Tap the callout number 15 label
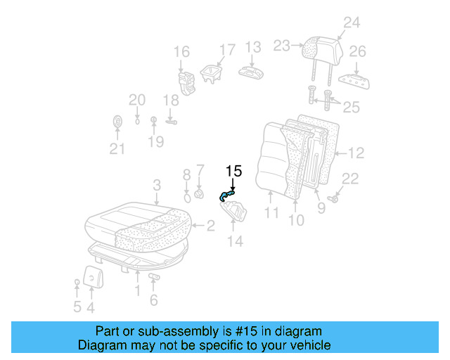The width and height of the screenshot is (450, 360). (x=233, y=171)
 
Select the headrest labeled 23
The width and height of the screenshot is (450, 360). (x=320, y=48)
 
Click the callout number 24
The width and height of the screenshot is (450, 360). (x=351, y=23)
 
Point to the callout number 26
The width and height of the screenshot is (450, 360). (x=358, y=51)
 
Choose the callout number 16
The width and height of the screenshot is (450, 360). (x=181, y=51)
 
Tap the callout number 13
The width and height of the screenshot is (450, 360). (x=252, y=48)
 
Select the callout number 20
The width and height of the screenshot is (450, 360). (x=136, y=100)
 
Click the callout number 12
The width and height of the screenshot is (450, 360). (x=356, y=153)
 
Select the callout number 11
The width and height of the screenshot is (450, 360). (x=272, y=212)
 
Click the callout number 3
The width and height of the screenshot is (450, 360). (x=157, y=185)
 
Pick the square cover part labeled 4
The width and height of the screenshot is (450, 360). (x=91, y=276)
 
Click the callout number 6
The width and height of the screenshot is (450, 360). (x=154, y=301)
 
